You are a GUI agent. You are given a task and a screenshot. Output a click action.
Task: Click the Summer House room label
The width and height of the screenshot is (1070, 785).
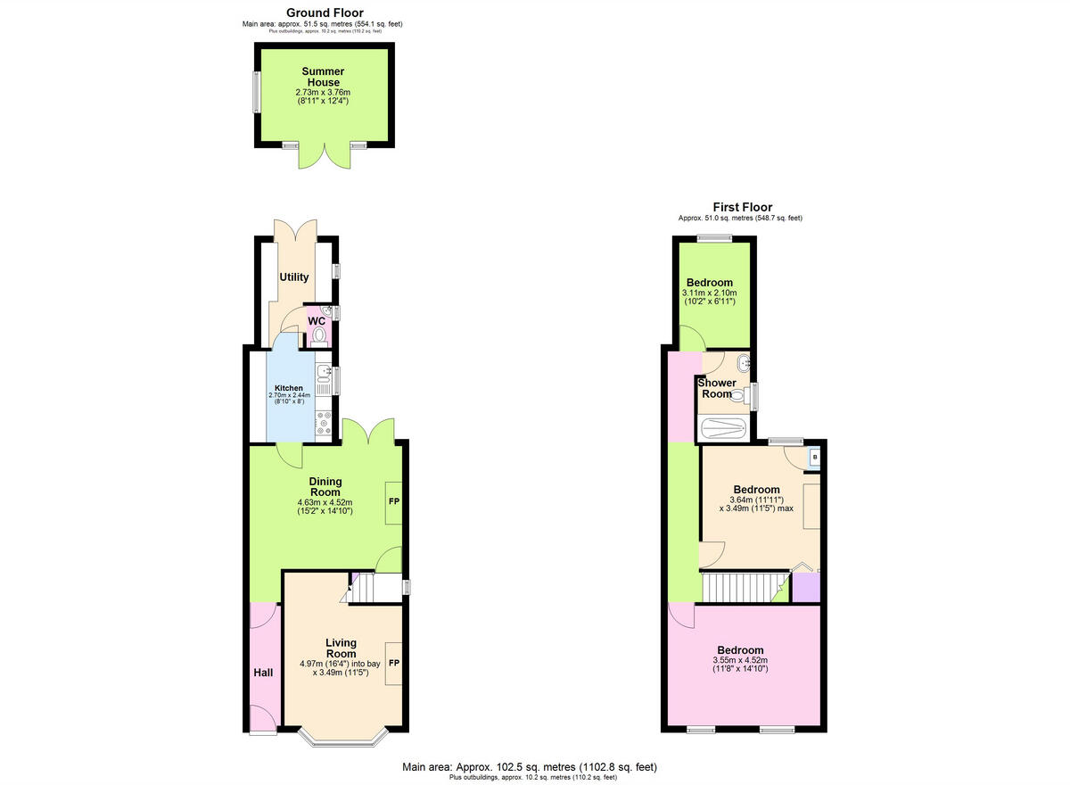pyautogui.click(x=323, y=77)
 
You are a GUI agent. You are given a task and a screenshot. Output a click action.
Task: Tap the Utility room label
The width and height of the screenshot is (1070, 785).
pyautogui.click(x=294, y=277)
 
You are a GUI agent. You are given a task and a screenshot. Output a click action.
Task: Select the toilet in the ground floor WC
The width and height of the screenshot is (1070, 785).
pyautogui.click(x=319, y=335)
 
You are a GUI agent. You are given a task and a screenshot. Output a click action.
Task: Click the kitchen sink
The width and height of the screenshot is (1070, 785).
pyautogui.click(x=324, y=372)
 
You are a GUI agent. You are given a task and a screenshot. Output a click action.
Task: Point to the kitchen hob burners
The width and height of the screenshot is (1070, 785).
pyautogui.click(x=324, y=423)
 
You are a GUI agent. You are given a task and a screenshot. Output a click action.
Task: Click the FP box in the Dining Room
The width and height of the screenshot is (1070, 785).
pyautogui.click(x=393, y=502)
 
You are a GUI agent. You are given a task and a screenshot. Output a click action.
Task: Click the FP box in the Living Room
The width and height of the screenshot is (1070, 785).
pyautogui.click(x=393, y=664)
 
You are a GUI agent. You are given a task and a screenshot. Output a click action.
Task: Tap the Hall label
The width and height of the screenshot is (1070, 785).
pyautogui.click(x=262, y=673)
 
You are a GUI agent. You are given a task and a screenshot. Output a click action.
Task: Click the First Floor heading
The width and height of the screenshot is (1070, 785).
pyautogui.click(x=742, y=207)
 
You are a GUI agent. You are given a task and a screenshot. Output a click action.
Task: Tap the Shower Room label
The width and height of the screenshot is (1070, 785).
pyautogui.click(x=717, y=389)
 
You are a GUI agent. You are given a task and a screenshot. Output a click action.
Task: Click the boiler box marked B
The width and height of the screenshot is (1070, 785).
pyautogui.click(x=814, y=459)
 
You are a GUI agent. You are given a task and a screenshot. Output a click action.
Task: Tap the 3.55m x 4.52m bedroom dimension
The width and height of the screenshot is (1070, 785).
pyautogui.click(x=740, y=665)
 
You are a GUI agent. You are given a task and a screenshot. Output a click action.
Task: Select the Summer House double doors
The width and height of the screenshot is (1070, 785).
pyautogui.click(x=323, y=156)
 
